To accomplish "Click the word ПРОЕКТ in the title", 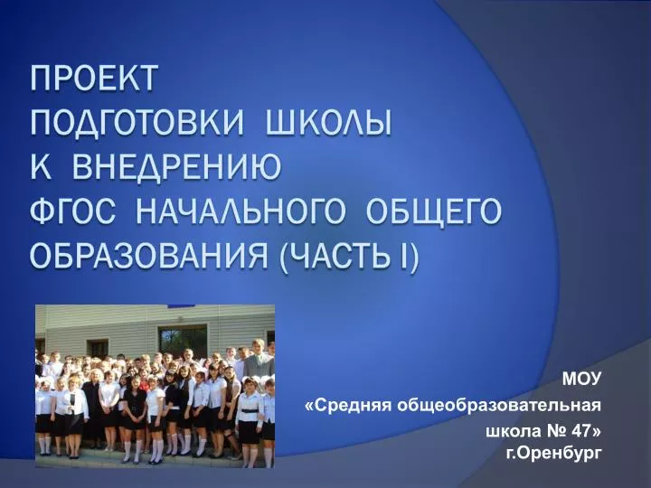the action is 94,78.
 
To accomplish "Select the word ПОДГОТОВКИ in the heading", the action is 137,123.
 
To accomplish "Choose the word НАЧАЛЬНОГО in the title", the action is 241,211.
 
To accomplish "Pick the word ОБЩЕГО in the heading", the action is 434,211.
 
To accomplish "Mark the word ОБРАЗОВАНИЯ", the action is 149,256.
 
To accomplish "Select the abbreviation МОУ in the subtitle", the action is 581,378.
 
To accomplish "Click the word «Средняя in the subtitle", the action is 348,405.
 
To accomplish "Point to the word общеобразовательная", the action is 498,405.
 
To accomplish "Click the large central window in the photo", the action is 183,341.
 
